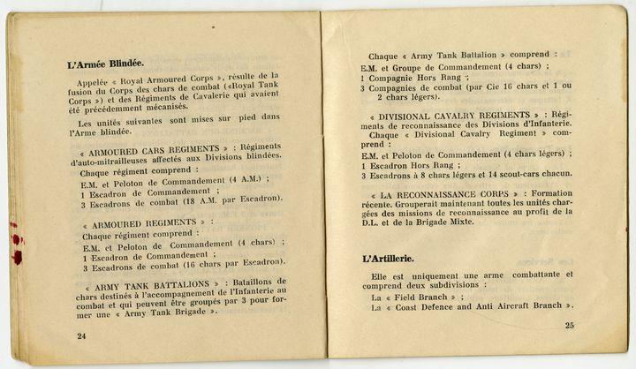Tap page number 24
point(81,335)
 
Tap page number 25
point(570,326)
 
